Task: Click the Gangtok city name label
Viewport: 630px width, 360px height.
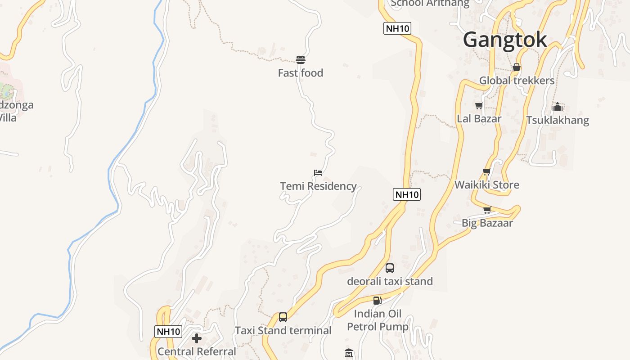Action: pos(505,40)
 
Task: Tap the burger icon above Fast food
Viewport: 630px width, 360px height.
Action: pos(301,60)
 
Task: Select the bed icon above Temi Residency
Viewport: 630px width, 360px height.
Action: pos(318,173)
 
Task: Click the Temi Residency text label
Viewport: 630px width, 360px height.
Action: pos(318,186)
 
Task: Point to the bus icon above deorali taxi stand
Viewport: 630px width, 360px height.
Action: pos(390,268)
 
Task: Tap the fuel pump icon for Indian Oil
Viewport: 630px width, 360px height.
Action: pos(377,301)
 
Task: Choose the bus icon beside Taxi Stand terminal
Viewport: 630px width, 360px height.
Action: pos(283,317)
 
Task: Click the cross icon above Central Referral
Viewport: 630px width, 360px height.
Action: pos(197,338)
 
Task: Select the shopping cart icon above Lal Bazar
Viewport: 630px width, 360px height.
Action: pos(479,106)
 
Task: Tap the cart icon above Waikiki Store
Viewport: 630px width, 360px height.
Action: pos(486,172)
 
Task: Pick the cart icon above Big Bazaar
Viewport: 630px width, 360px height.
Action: pos(487,210)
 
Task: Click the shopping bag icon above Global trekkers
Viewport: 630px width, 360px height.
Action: pos(517,67)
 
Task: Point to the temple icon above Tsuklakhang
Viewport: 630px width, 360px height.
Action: pos(558,107)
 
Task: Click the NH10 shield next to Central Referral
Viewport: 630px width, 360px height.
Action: pos(168,332)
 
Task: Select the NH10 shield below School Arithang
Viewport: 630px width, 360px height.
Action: pos(397,28)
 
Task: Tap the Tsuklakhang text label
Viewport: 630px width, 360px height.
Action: pos(558,120)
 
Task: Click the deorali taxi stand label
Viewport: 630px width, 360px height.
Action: pos(390,281)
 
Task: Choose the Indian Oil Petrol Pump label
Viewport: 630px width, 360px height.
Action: pos(378,320)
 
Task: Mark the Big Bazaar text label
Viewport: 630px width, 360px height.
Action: pos(487,223)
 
